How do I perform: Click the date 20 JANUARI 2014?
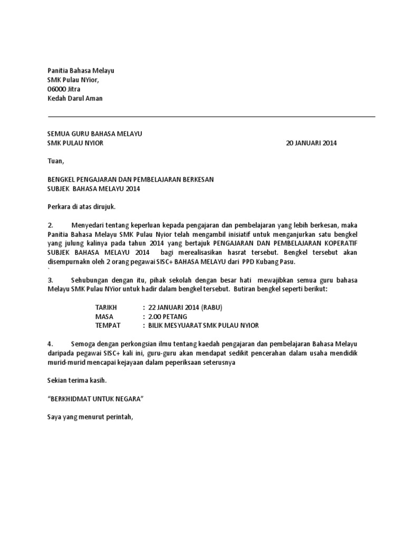pyautogui.click(x=311, y=143)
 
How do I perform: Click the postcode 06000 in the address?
pyautogui.click(x=57, y=89)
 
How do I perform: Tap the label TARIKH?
pyautogui.click(x=106, y=307)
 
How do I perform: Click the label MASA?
pyautogui.click(x=104, y=316)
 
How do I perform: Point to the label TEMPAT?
pyautogui.click(x=108, y=326)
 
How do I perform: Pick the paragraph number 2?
pyautogui.click(x=51, y=225)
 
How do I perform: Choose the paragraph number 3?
pyautogui.click(x=51, y=280)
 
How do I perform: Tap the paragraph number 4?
pyautogui.click(x=51, y=344)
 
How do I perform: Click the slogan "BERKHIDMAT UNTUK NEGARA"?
pyautogui.click(x=95, y=398)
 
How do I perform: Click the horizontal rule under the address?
pyautogui.click(x=211, y=116)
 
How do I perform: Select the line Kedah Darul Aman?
pyautogui.click(x=75, y=98)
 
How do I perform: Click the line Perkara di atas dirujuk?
pyautogui.click(x=81, y=207)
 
